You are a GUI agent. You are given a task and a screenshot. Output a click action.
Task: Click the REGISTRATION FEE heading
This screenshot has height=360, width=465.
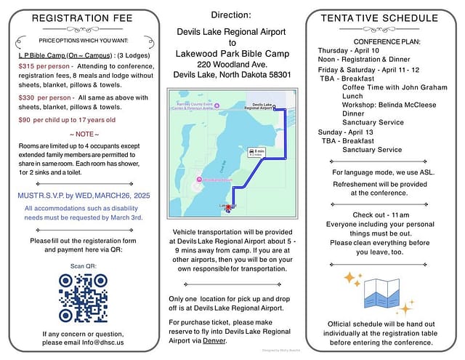coord(83,17)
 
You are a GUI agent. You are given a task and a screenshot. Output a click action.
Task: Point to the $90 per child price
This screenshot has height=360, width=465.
coord(25,119)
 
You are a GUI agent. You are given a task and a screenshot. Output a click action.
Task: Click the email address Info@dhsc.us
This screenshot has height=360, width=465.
coord(102,342)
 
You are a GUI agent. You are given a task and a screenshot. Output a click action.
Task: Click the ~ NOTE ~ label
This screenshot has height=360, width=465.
coord(83,134)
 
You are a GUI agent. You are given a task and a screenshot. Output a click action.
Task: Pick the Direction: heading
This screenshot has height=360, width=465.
coord(232,15)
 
